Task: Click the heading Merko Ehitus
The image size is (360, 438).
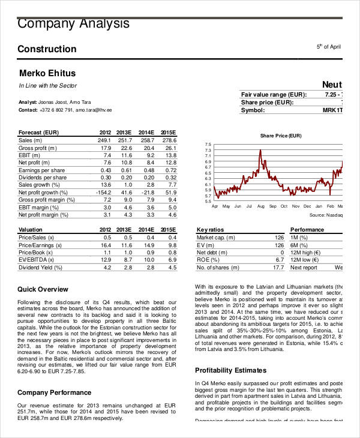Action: [x=47, y=74]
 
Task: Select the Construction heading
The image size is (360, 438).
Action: [x=47, y=49]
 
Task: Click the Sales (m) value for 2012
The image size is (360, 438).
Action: [x=104, y=140]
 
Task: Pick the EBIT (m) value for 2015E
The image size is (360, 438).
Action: [x=171, y=155]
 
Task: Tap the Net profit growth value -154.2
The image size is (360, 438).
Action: [x=103, y=192]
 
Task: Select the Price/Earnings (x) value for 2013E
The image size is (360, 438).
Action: [x=126, y=245]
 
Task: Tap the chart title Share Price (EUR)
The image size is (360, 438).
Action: [x=280, y=136]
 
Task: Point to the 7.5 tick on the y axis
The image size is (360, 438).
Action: [x=208, y=145]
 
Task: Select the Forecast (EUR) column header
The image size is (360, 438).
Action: [x=38, y=132]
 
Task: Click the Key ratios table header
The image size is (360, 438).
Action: [x=210, y=230]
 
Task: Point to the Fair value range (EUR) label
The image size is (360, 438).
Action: [x=274, y=95]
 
